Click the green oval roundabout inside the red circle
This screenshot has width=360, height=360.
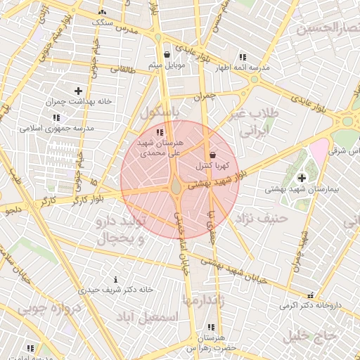click(x=175, y=186)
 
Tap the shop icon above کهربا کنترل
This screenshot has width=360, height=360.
click(x=213, y=155)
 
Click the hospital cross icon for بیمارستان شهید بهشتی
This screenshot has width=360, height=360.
click(x=302, y=178)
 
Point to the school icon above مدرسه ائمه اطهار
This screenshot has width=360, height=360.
click(x=243, y=56)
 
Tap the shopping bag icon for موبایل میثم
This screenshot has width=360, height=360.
click(x=167, y=54)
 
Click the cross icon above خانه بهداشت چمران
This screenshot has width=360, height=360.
click(x=78, y=91)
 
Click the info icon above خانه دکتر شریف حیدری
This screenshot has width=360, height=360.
click(x=125, y=279)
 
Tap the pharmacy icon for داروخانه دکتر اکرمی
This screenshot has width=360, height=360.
click(x=311, y=295)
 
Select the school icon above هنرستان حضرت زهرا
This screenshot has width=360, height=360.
click(x=211, y=328)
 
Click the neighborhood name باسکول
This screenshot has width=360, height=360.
click(x=160, y=111)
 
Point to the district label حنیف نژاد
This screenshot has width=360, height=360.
click(x=263, y=218)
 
